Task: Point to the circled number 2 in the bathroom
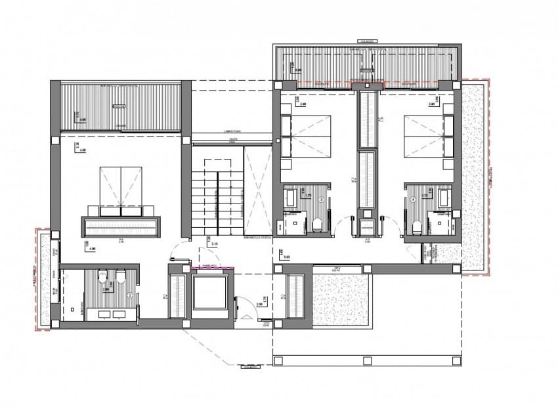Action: pos(129,295)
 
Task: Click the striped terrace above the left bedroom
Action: pos(121,106)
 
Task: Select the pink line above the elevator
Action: pos(212,268)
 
